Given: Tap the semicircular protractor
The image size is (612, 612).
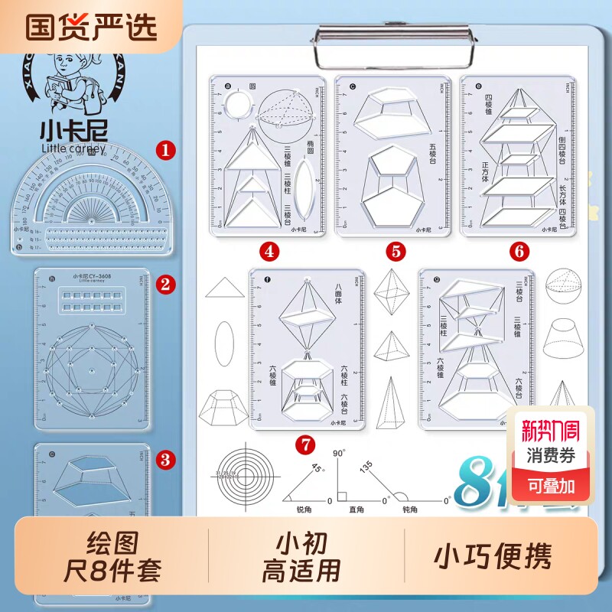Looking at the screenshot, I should [x=90, y=199].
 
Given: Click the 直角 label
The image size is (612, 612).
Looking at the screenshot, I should [x=356, y=509].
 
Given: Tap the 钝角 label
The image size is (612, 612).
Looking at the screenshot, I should [x=410, y=509].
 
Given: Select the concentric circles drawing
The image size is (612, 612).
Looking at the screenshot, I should [x=243, y=476].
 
